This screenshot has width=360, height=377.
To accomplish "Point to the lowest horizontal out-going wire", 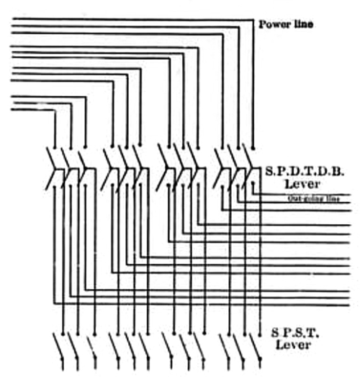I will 202,304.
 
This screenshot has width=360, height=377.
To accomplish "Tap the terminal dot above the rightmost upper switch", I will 253,146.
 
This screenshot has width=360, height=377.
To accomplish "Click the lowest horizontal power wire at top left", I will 29,110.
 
